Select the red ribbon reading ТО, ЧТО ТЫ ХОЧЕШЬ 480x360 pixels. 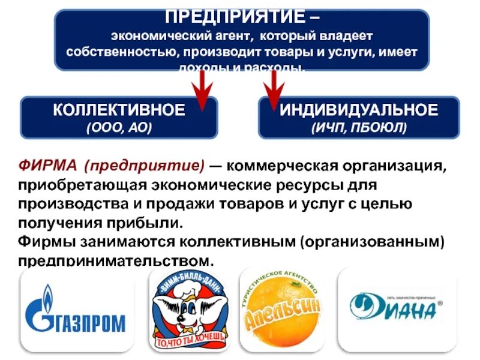tap(191, 340)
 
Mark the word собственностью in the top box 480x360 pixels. tap(119, 52)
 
